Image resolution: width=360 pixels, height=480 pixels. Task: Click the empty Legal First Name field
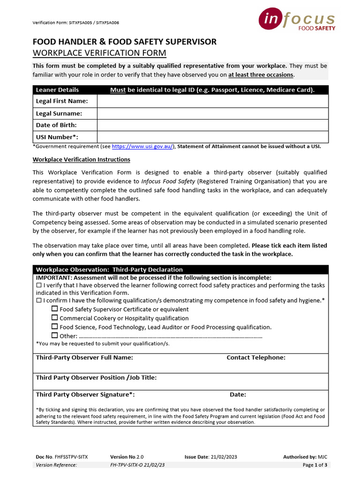coord(212,101)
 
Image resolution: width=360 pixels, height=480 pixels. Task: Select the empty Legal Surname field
coord(212,113)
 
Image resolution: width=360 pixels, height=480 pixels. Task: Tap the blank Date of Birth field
coord(212,125)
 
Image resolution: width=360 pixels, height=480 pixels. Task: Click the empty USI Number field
coord(212,137)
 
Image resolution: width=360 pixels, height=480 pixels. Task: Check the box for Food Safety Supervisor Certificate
coord(54,309)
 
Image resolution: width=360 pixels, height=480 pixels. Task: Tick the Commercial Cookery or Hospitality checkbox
coord(54,318)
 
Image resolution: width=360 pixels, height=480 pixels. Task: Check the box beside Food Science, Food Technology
coord(54,327)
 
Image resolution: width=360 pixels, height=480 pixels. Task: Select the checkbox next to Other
coord(54,336)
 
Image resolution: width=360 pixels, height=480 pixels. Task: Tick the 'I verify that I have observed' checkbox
coord(39,285)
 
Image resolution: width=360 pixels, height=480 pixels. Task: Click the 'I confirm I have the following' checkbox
coord(39,300)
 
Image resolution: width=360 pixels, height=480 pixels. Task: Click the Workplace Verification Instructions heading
coord(81,160)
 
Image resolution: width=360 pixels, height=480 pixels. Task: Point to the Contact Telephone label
coord(256,358)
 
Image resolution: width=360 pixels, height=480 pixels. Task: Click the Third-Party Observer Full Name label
coord(84,358)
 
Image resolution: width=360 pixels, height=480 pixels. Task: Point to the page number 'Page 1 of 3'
coord(315,465)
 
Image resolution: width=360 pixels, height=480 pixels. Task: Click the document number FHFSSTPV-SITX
coord(71,457)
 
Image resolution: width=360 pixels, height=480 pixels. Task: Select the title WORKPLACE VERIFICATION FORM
coord(99,53)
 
